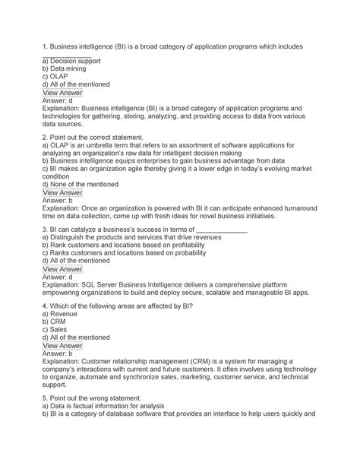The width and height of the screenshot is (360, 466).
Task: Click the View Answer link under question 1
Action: coord(63,93)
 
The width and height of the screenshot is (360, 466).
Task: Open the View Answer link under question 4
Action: coord(63,371)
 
